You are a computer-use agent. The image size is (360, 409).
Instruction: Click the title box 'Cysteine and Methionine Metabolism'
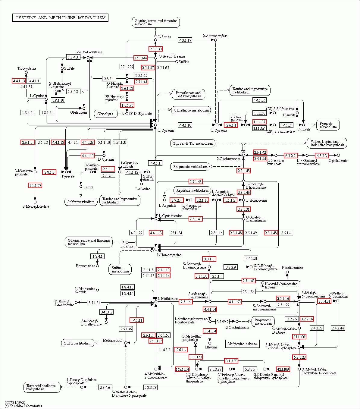(60, 18)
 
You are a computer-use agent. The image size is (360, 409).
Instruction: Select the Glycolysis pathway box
(106, 114)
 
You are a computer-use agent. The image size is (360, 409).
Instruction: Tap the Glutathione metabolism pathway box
(191, 110)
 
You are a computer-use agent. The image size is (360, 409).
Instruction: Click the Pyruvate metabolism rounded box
(328, 125)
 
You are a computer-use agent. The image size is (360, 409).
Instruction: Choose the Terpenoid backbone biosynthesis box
(42, 387)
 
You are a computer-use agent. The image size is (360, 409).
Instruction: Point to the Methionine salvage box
(242, 344)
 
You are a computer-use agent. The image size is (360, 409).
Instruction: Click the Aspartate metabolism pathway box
(192, 190)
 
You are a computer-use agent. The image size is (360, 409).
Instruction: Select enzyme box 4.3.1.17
(185, 40)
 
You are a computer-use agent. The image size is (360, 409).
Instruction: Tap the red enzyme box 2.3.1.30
(155, 49)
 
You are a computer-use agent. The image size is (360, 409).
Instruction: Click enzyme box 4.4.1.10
(185, 125)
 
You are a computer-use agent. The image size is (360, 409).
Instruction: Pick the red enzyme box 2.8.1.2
(49, 172)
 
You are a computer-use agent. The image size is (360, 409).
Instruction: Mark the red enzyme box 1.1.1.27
(35, 186)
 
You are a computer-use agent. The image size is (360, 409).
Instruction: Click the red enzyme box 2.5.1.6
(186, 302)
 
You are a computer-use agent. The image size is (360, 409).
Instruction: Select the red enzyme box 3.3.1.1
(209, 259)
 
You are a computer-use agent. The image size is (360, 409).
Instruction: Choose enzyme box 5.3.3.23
(150, 387)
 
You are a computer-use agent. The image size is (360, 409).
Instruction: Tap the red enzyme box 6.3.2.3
(322, 156)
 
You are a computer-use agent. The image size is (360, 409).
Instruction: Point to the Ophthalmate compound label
(338, 161)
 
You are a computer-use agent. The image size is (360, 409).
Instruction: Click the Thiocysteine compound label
(27, 68)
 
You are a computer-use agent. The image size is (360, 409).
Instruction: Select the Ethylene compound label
(211, 347)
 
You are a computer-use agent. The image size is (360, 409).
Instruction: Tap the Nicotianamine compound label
(292, 268)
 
